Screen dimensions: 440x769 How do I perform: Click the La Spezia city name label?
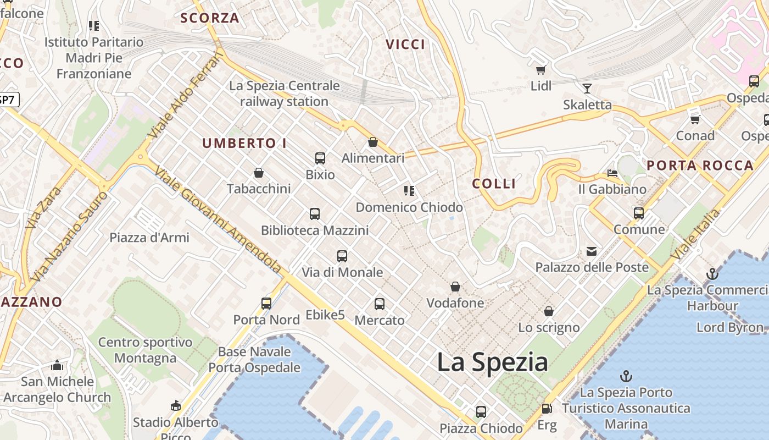(x=492, y=363)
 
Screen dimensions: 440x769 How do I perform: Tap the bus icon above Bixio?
(x=320, y=158)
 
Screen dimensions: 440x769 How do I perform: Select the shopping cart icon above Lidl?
(x=541, y=70)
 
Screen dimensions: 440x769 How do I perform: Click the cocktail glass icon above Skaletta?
(x=587, y=88)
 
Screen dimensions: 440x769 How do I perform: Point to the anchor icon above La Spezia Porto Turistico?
(x=626, y=376)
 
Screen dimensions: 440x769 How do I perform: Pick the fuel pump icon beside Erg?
(x=547, y=409)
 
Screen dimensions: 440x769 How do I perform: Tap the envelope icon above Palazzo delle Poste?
(x=592, y=251)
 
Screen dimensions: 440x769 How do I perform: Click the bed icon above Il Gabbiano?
(x=612, y=173)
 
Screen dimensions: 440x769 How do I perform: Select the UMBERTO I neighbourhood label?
(x=244, y=144)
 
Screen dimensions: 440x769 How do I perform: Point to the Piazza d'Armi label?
(x=149, y=238)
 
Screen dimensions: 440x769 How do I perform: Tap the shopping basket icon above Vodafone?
(x=455, y=287)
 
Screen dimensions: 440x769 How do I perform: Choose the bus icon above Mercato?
(x=380, y=304)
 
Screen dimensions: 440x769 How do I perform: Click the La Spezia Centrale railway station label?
(x=285, y=94)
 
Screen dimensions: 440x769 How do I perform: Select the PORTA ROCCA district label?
(x=700, y=166)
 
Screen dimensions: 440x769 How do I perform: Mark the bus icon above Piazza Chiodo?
(x=481, y=411)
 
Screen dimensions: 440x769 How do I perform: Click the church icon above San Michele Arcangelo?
(x=57, y=365)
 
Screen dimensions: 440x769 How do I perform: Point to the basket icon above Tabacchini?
(x=259, y=173)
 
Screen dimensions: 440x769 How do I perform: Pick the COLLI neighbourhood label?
(x=494, y=184)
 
